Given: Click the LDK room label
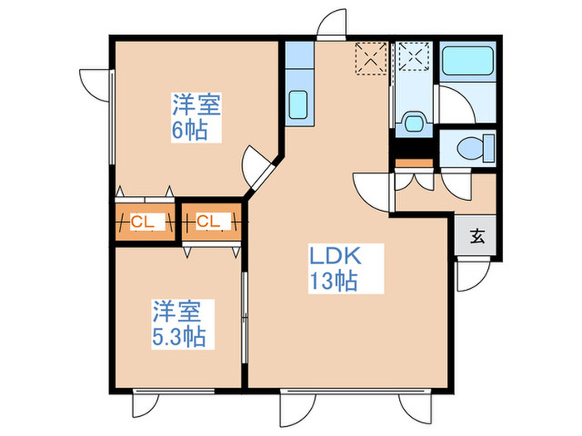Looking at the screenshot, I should pos(335,255).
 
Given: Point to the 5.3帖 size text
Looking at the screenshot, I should pos(178,337).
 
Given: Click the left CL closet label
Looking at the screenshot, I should pos(141,222).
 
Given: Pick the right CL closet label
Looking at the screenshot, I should pos(208,222).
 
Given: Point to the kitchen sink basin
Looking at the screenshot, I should pos(298,105).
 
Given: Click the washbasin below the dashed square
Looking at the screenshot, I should pos(411,124).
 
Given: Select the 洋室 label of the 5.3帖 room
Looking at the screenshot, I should pos(177,312).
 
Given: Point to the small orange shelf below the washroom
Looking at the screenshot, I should pos(413,163).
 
